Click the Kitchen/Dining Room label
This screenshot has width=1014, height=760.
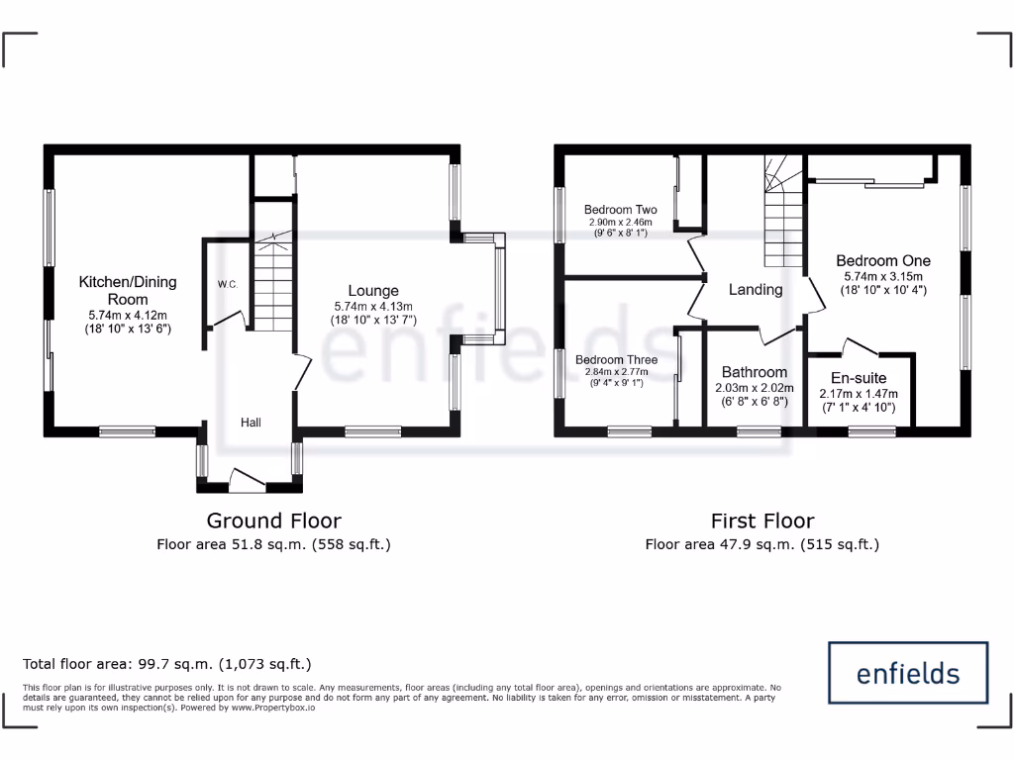(x=128, y=290)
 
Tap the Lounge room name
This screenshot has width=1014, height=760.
(x=366, y=291)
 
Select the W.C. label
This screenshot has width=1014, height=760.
(x=227, y=285)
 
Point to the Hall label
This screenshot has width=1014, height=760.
(x=251, y=423)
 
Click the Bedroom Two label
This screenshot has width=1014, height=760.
(x=620, y=210)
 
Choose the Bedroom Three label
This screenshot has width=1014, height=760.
(x=616, y=360)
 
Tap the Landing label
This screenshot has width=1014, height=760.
(x=756, y=290)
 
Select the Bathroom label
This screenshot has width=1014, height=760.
(x=755, y=372)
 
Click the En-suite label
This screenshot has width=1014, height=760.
(x=859, y=378)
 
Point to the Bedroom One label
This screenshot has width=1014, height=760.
(x=883, y=261)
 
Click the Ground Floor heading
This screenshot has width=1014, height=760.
(x=273, y=521)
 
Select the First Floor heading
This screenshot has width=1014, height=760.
(x=762, y=521)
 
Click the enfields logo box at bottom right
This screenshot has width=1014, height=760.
(x=907, y=673)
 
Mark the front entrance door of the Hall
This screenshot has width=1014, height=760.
(x=247, y=480)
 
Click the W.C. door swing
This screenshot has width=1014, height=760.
(x=228, y=320)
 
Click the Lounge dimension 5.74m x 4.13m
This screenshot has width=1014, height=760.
(x=366, y=307)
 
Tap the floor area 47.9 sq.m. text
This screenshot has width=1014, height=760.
(x=761, y=544)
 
